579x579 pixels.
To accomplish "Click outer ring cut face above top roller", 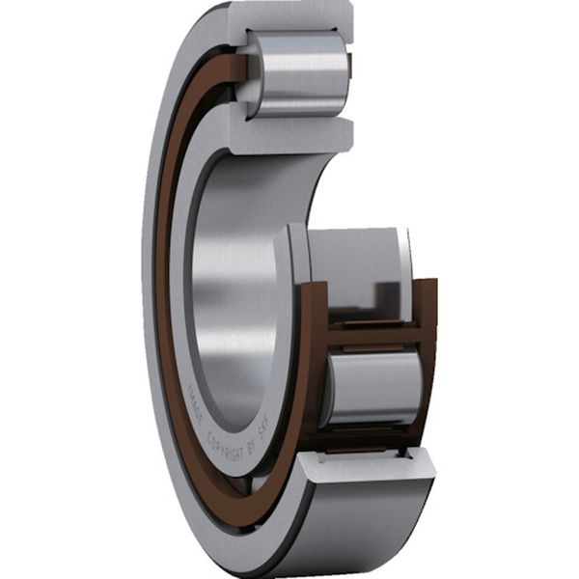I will coord(289,14).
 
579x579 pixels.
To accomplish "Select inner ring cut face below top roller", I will coord(289,130).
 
